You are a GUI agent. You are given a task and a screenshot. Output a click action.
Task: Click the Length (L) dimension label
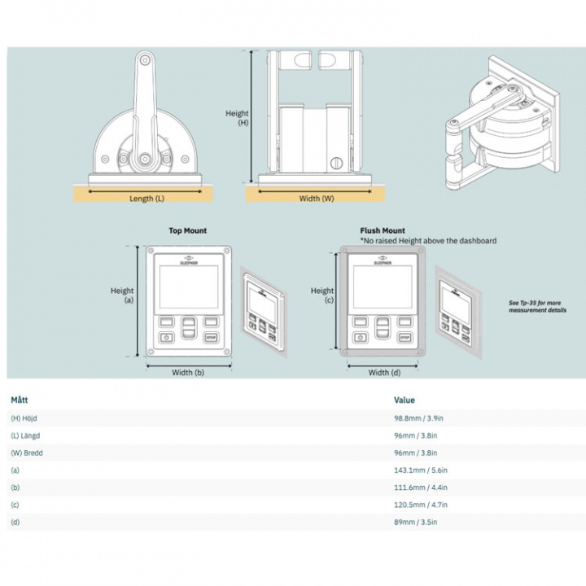pos(146,198)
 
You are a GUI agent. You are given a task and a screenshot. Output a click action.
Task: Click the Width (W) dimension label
pos(316,198)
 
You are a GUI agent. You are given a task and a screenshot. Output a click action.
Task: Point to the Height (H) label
pos(237,118)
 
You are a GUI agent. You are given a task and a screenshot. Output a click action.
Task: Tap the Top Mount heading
pos(187,231)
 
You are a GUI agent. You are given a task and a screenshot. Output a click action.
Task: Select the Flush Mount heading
pos(382,231)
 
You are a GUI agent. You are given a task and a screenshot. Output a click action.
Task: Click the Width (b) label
pos(187,373)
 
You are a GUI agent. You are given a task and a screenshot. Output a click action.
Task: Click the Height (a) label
pos(122,295)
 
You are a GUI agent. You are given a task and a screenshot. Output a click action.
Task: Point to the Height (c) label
pos(322,295)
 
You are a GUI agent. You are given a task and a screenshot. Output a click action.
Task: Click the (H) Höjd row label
pos(26,418)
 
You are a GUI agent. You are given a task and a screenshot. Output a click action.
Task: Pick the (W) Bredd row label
pos(27,453)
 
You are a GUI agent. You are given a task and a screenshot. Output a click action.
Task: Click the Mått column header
pos(20,400)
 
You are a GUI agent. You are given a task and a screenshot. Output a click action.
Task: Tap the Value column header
pos(405,400)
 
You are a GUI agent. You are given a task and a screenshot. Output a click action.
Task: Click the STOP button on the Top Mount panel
pos(212,337)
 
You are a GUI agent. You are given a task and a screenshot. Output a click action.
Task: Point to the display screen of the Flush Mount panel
pos(382,287)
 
